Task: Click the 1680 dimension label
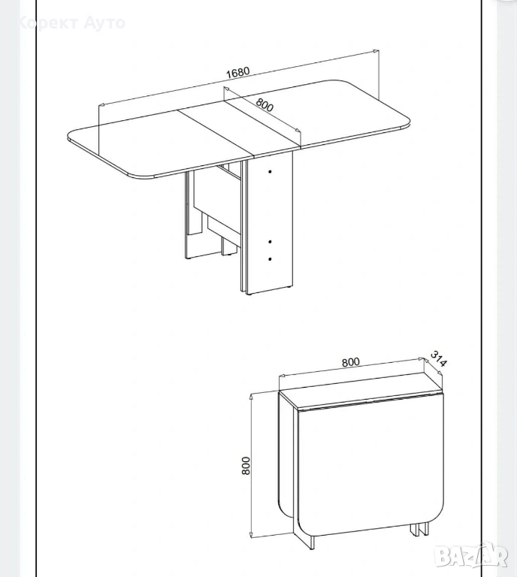pyautogui.click(x=237, y=72)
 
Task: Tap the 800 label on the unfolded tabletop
pyautogui.click(x=265, y=104)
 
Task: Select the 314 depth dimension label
pyautogui.click(x=438, y=358)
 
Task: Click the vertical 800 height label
pyautogui.click(x=246, y=465)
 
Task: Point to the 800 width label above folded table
pyautogui.click(x=350, y=362)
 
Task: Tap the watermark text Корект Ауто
pyautogui.click(x=71, y=23)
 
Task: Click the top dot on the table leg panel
pyautogui.click(x=270, y=171)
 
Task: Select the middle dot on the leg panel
pyautogui.click(x=270, y=241)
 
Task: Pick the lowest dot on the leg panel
pyautogui.click(x=270, y=259)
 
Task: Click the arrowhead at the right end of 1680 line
pyautogui.click(x=376, y=52)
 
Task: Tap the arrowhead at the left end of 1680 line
pyautogui.click(x=102, y=104)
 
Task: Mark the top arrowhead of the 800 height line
pyautogui.click(x=251, y=397)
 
